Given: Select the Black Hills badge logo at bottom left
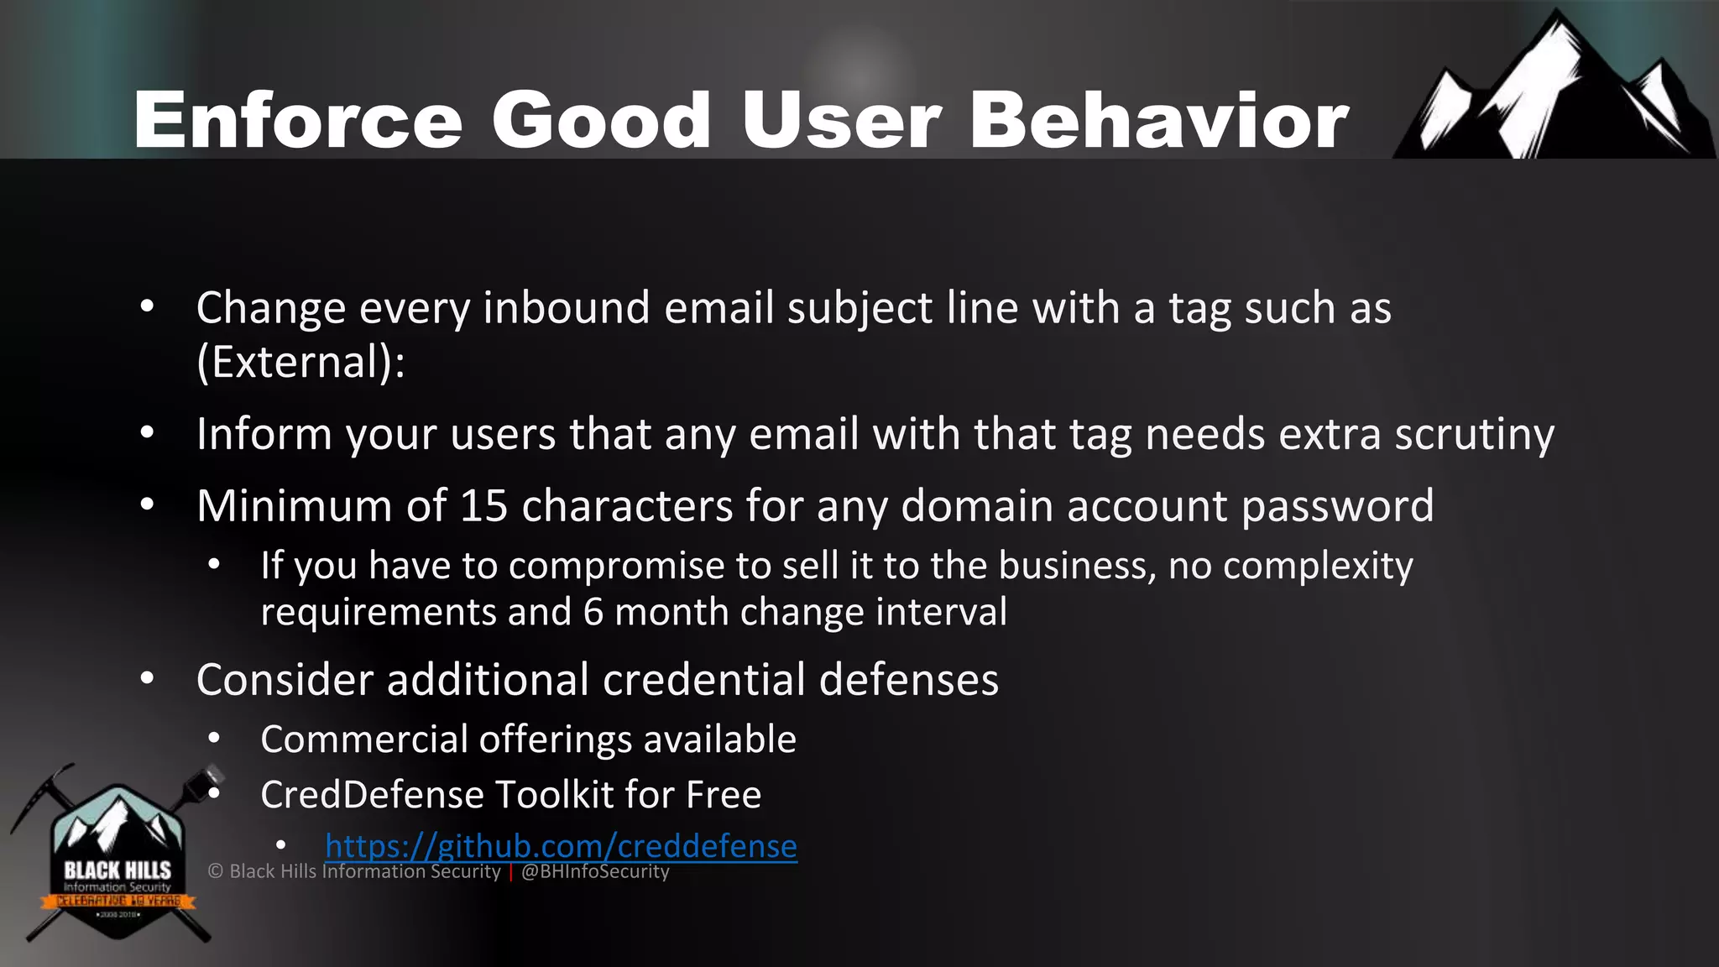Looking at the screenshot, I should pos(118,856).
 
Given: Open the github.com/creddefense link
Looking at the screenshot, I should pos(561,845).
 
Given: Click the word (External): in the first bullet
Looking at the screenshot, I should pos(300,362).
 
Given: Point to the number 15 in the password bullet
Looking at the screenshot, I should pos(484,505).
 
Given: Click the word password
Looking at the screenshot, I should pos(1337,505).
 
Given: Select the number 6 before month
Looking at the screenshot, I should pos(593,612).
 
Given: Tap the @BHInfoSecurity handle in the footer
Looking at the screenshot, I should pos(595,871).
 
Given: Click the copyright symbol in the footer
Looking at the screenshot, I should pos(216,871).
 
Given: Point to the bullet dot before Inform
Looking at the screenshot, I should pos(148,433).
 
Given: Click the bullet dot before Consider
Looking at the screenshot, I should pos(148,678).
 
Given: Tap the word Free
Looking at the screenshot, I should pos(724,794).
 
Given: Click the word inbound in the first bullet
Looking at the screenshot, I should pos(566,307).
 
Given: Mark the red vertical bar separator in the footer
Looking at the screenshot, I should pos(510,871).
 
